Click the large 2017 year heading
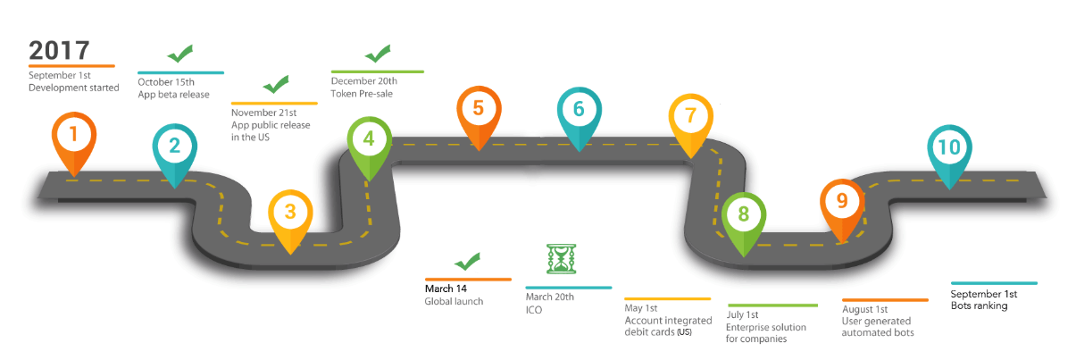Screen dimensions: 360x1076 tap(59, 50)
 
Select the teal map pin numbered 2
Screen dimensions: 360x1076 tap(174, 147)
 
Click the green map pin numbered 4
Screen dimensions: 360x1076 tap(368, 140)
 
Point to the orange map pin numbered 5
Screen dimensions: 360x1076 tap(479, 110)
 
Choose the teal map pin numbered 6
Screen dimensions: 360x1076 tap(579, 111)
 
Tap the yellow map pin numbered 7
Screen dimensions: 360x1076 tap(690, 117)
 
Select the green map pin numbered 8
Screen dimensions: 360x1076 tap(743, 215)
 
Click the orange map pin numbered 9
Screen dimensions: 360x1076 tap(842, 203)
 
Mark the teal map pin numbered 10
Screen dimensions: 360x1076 tap(949, 149)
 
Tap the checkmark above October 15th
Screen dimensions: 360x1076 tap(180, 54)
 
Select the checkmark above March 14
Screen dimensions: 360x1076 tap(467, 262)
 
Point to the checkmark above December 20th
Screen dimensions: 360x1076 tap(378, 53)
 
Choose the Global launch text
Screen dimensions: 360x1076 tap(454, 302)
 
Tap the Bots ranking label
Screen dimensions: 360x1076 tap(979, 306)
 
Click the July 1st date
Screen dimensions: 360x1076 tap(743, 315)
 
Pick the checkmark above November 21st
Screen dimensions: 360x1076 tap(275, 85)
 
